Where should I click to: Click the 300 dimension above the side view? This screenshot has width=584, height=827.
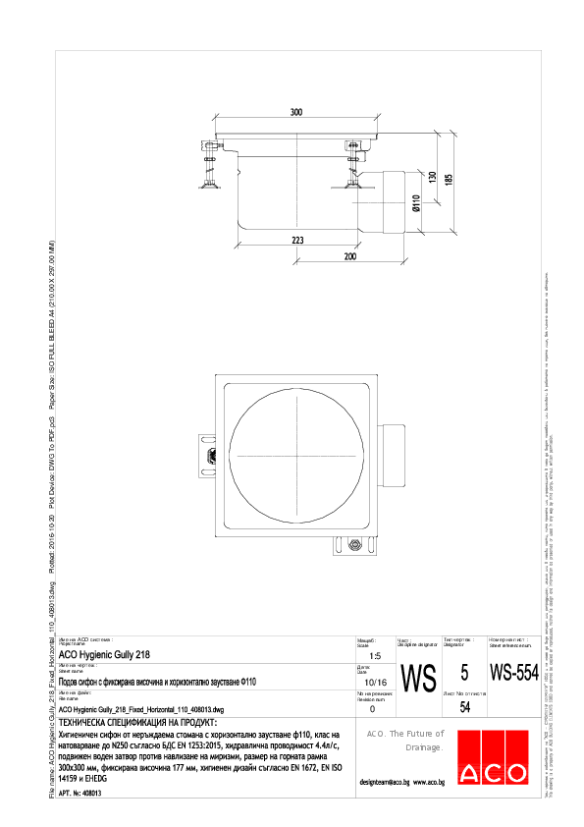pyautogui.click(x=296, y=112)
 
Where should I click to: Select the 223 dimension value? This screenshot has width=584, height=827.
pyautogui.click(x=297, y=240)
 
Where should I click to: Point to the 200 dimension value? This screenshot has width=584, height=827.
pyautogui.click(x=349, y=256)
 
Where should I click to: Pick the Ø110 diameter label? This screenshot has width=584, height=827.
pyautogui.click(x=416, y=205)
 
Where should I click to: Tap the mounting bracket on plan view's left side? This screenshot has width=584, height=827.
pyautogui.click(x=207, y=455)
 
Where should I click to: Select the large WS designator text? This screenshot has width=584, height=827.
pyautogui.click(x=420, y=677)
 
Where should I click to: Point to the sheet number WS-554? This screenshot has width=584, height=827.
pyautogui.click(x=514, y=674)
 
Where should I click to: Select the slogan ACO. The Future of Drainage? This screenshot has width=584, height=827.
pyautogui.click(x=406, y=741)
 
